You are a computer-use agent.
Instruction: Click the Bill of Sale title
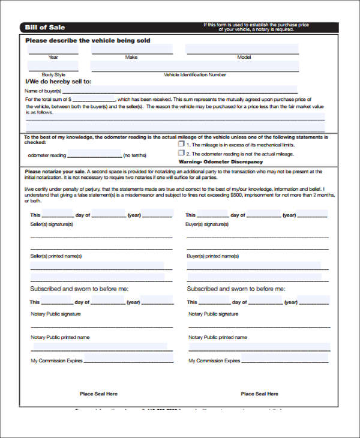46,28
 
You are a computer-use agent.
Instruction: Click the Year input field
53,49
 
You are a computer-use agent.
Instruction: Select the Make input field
131,49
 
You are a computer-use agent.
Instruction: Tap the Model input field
242,49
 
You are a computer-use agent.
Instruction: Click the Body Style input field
53,67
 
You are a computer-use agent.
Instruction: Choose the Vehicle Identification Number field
195,67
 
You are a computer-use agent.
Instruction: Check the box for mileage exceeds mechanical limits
181,145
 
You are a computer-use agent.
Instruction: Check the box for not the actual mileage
181,154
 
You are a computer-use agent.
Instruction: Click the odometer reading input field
94,155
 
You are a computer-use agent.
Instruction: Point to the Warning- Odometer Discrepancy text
220,162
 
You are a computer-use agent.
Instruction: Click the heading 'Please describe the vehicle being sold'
88,40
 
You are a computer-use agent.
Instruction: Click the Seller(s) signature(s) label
52,224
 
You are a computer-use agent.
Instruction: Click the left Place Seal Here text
98,394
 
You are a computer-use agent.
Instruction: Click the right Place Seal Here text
259,394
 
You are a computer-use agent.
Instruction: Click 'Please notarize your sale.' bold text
55,172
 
